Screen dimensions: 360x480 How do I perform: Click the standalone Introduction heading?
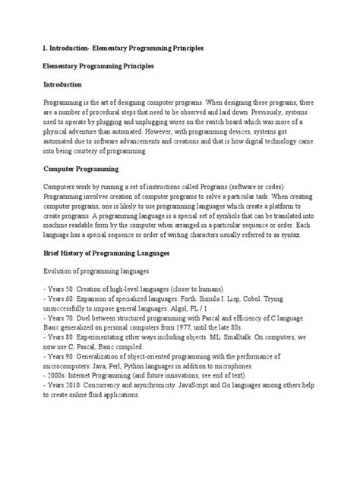[x=66, y=84]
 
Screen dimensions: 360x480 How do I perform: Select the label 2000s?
[x=55, y=382]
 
